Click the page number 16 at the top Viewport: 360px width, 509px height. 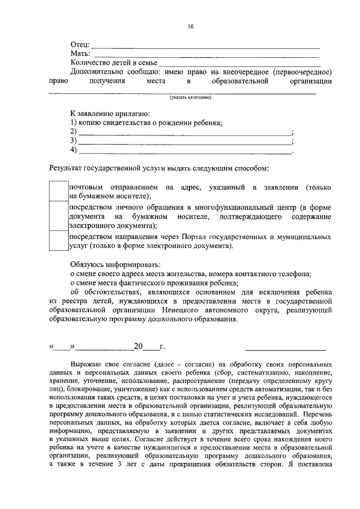click(191, 26)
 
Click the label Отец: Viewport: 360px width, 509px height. click(80, 45)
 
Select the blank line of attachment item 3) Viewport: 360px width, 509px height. click(184, 143)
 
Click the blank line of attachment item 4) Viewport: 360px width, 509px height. click(184, 152)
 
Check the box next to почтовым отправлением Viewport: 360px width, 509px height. click(58, 191)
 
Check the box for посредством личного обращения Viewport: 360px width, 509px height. click(58, 216)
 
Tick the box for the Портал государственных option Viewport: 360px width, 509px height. click(58, 241)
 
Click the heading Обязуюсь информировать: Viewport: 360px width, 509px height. click(115, 264)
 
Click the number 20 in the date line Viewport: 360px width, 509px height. click(138, 346)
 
